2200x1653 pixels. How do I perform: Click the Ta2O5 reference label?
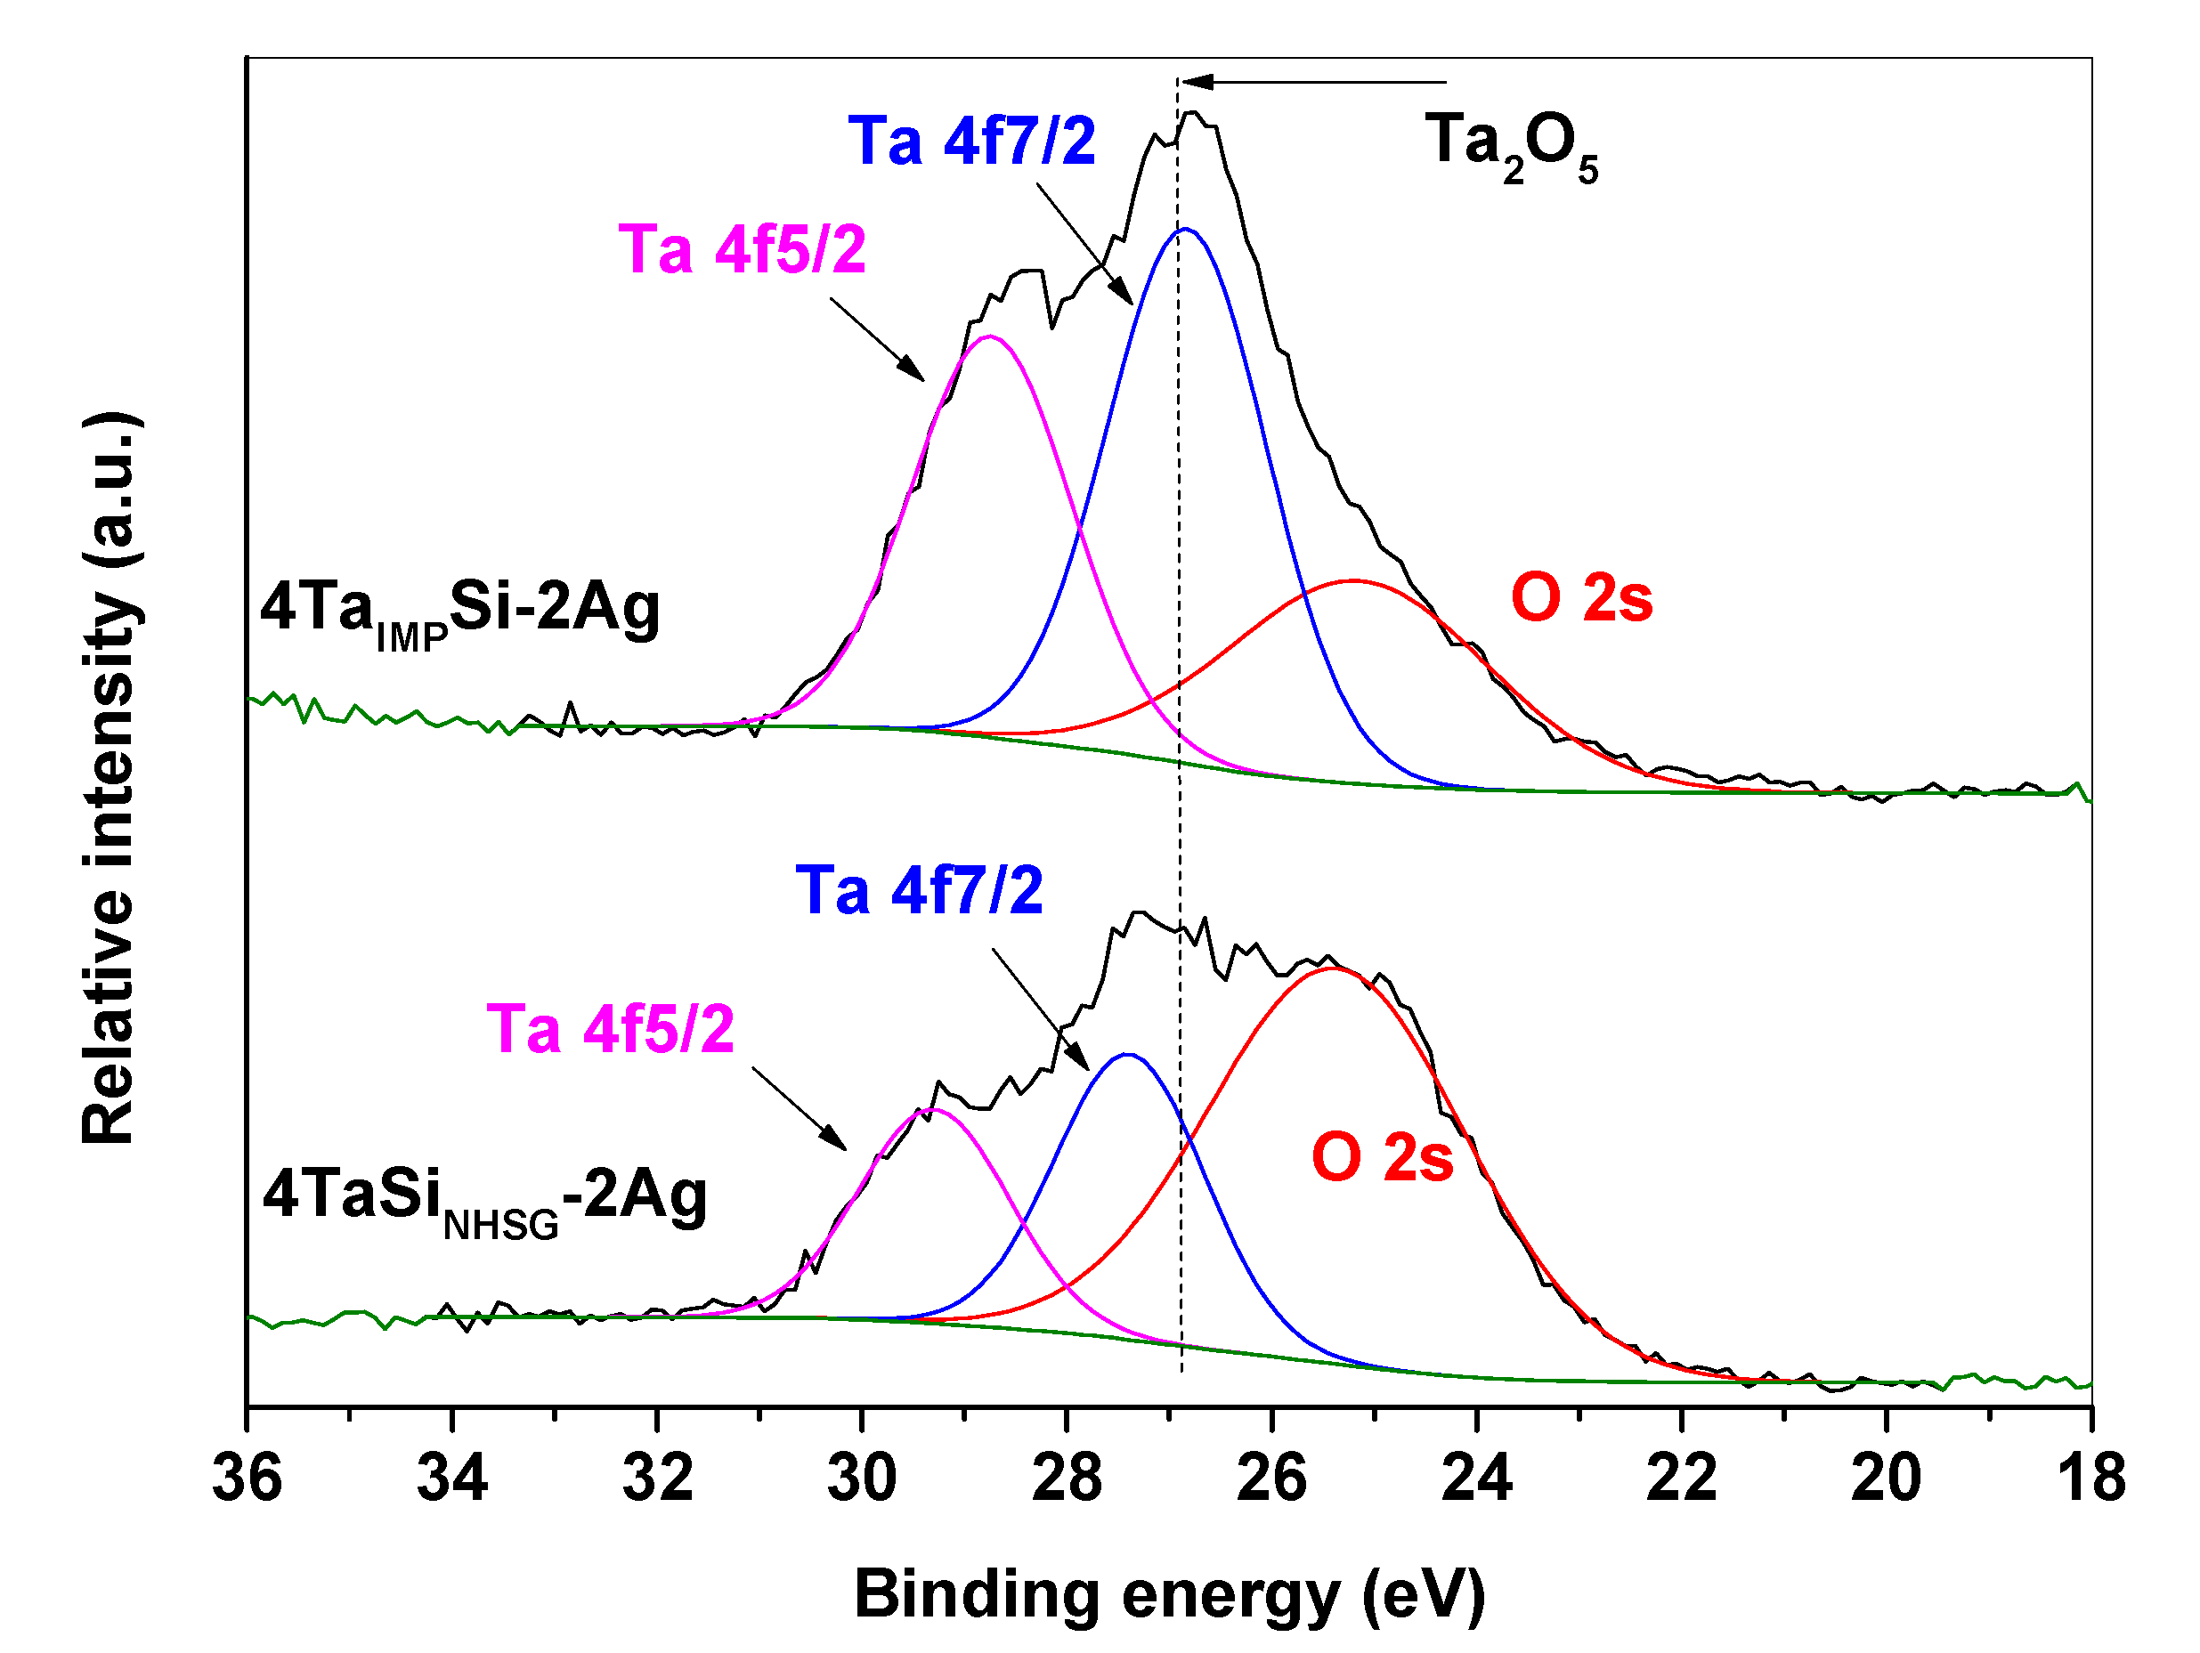coord(1509,145)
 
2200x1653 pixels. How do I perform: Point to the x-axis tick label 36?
coord(248,1479)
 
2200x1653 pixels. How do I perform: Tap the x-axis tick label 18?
coord(2091,1479)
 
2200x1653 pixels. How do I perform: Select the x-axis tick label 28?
coord(1068,1479)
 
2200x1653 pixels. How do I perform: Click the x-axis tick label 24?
coord(1477,1479)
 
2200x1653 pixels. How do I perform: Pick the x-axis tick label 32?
coord(657,1479)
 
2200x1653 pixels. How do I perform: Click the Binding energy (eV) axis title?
coord(1170,1595)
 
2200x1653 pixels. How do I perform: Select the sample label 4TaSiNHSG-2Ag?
coord(484,1201)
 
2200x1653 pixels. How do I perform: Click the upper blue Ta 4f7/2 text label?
coord(970,142)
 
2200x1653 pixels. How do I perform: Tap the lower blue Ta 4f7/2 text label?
coord(919,890)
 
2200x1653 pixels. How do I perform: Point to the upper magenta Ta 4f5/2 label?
coord(742,249)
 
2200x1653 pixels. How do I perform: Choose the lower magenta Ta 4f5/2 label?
coord(610,1029)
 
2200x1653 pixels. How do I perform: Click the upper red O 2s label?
coord(1581,599)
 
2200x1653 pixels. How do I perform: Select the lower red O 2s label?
coord(1383,1158)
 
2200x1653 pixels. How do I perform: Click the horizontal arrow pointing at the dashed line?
coord(1313,82)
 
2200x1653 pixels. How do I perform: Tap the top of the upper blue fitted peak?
coord(1186,230)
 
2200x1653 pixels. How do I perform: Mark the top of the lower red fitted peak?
coord(1333,968)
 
